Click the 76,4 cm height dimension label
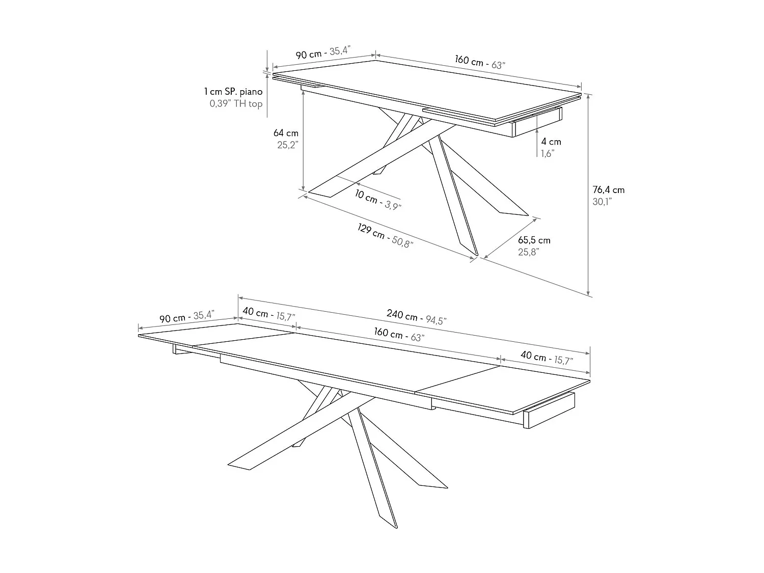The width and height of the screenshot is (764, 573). click(x=609, y=190)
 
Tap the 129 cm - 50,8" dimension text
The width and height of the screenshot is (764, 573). click(x=385, y=235)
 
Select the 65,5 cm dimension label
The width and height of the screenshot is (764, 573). click(x=534, y=240)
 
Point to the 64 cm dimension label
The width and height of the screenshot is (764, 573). click(x=286, y=133)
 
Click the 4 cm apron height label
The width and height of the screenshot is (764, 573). click(x=551, y=142)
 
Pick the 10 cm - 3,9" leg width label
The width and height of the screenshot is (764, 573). click(x=377, y=200)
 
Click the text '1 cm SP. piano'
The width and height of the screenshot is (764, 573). click(x=233, y=92)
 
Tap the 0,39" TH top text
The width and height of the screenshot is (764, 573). click(x=236, y=104)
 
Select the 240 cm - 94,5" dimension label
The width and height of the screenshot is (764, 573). click(x=416, y=317)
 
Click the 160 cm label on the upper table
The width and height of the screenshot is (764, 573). click(x=480, y=62)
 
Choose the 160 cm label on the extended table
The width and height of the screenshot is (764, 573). click(x=399, y=334)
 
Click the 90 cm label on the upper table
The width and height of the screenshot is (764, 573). click(x=323, y=52)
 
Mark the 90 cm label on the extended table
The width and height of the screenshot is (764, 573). click(x=187, y=317)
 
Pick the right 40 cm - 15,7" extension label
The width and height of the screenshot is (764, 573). click(x=547, y=358)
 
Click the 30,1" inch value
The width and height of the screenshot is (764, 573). click(x=602, y=202)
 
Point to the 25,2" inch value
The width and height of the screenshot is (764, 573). click(x=288, y=145)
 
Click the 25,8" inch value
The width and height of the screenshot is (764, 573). click(x=528, y=252)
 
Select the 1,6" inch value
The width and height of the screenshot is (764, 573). click(x=548, y=153)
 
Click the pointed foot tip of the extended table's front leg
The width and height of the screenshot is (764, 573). click(x=397, y=528)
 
